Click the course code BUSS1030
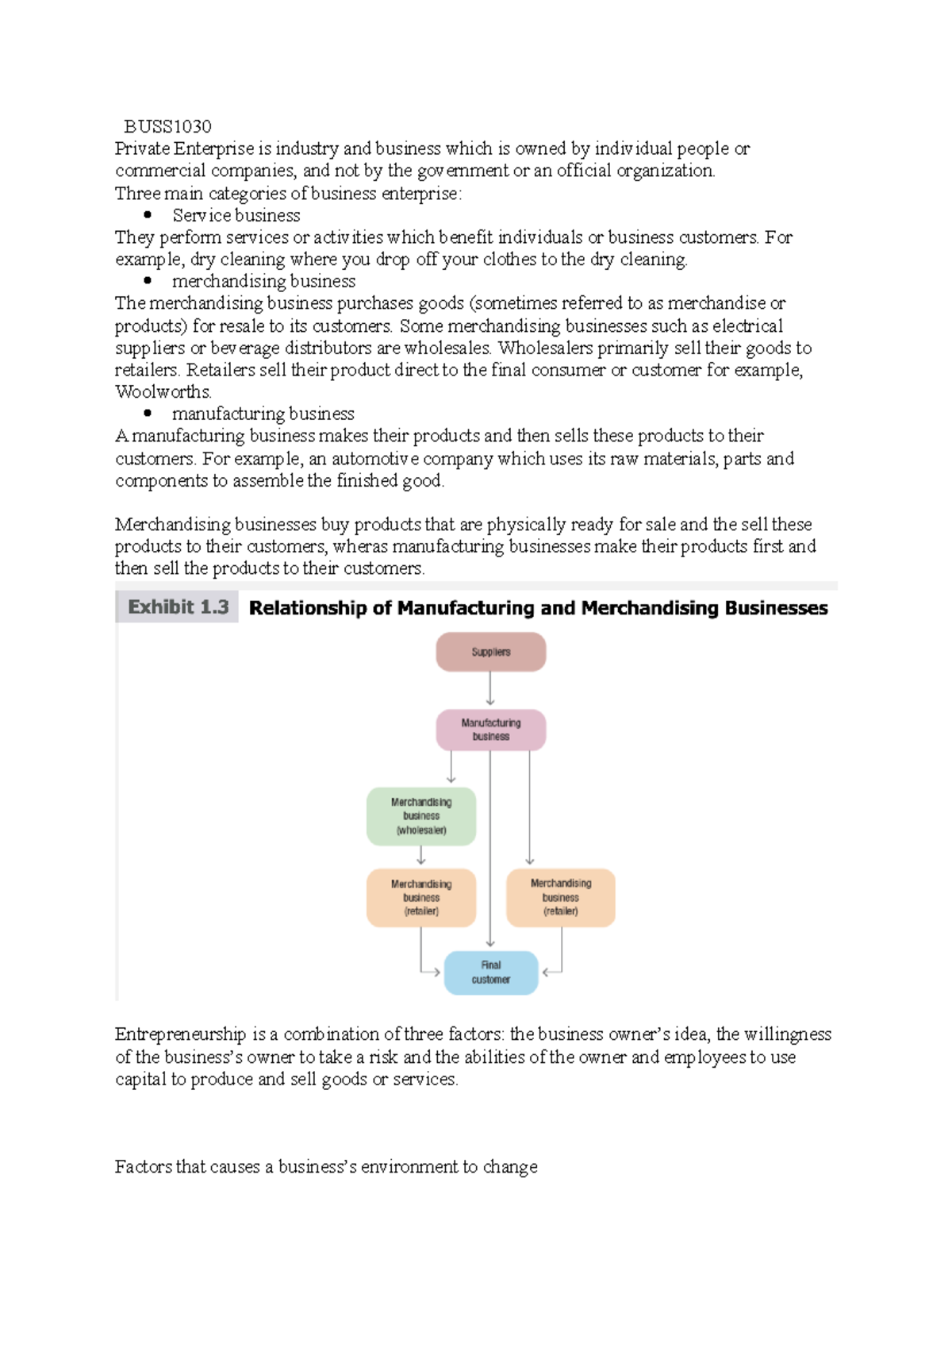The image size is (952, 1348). point(167,126)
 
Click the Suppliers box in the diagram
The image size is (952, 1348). point(490,652)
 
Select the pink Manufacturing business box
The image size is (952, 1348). point(490,730)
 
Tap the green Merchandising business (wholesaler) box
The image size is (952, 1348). point(420,816)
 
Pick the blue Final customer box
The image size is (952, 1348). point(490,972)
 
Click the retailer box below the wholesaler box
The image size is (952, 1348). point(420,898)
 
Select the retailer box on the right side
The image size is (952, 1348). point(560,898)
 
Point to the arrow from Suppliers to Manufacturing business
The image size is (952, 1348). point(490,688)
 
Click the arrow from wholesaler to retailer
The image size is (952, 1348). point(420,855)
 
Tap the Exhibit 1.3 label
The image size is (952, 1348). point(178,607)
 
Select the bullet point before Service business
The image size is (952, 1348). point(148,215)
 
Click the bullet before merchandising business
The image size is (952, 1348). point(148,280)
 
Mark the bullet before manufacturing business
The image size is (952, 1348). point(148,413)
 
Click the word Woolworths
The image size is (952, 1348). point(163,392)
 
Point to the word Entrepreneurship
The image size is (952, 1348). point(180,1034)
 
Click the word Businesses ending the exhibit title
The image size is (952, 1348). point(776,608)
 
